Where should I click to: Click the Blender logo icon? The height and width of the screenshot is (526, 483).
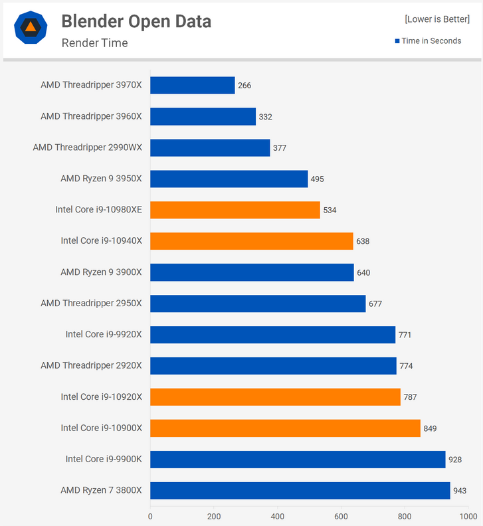pyautogui.click(x=31, y=28)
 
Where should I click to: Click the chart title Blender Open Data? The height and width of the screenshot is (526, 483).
pyautogui.click(x=136, y=21)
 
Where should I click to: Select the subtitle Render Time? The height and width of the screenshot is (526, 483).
pyautogui.click(x=94, y=43)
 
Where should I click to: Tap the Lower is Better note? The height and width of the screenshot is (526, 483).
pyautogui.click(x=436, y=19)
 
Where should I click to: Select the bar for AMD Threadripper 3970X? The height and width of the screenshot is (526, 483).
pyautogui.click(x=192, y=85)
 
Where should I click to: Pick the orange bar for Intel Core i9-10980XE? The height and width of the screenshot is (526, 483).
pyautogui.click(x=235, y=210)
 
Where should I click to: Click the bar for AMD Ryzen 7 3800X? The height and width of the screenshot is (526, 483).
pyautogui.click(x=300, y=490)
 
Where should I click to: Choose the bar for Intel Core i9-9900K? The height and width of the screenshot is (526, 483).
pyautogui.click(x=298, y=459)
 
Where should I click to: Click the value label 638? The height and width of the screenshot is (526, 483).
pyautogui.click(x=363, y=241)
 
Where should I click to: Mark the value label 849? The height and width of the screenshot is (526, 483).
pyautogui.click(x=430, y=428)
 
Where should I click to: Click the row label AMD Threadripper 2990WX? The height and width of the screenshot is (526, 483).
pyautogui.click(x=87, y=147)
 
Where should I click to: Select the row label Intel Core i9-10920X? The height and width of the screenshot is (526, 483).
pyautogui.click(x=101, y=397)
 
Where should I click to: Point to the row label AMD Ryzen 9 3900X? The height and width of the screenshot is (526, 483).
pyautogui.click(x=101, y=272)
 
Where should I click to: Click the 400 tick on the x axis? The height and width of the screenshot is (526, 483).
pyautogui.click(x=278, y=515)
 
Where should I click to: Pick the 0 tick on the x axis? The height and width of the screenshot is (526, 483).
pyautogui.click(x=150, y=515)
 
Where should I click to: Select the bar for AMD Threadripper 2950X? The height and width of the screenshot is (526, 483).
pyautogui.click(x=258, y=304)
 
